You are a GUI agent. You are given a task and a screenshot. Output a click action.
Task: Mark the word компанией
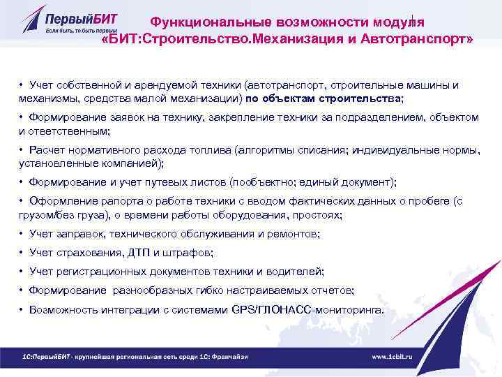(132, 163)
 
